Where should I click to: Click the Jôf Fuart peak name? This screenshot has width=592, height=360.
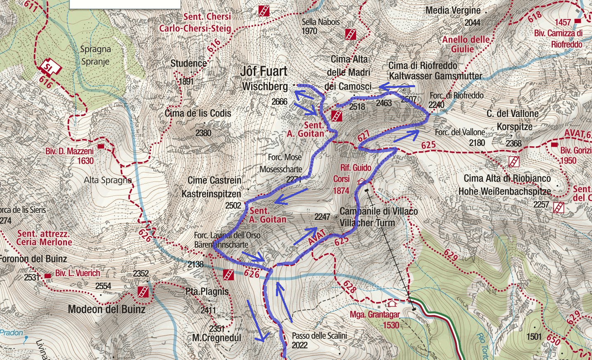(x=264, y=71)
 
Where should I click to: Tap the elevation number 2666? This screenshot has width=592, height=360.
(x=279, y=102)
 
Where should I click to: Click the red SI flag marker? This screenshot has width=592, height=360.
(x=50, y=67)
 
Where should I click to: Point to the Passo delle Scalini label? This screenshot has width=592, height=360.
(x=319, y=336)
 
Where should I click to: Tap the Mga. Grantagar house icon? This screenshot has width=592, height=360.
(x=392, y=304)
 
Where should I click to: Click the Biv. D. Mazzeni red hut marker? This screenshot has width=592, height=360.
(x=101, y=146)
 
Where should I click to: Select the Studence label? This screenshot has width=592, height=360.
(x=189, y=63)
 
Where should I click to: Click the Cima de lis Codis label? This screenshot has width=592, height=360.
(x=198, y=113)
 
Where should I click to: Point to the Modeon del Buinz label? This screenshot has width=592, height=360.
(x=107, y=309)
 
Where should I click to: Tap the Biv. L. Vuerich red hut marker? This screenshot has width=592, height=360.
(x=48, y=275)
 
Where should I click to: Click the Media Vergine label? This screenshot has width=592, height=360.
(x=453, y=10)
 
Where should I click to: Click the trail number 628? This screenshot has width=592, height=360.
(x=349, y=286)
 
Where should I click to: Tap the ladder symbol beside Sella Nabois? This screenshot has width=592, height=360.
(x=350, y=34)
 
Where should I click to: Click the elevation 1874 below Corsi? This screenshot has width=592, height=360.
(x=341, y=191)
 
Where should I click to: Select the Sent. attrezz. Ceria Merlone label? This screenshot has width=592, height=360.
(x=44, y=238)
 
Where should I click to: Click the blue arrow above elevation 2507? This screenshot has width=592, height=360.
(x=397, y=87)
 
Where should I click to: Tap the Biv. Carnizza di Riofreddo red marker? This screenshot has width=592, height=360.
(x=578, y=21)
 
